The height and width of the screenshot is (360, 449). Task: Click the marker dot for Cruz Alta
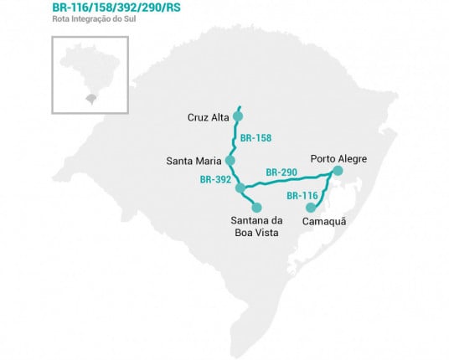(238, 117)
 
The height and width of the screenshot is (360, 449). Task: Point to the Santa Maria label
(195, 159)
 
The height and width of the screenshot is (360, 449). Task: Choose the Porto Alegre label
(338, 157)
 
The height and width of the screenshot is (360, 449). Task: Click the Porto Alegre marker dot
(337, 172)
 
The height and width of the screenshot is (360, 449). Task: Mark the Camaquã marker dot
(311, 208)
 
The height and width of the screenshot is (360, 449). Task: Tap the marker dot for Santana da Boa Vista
(256, 207)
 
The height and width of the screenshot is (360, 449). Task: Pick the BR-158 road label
(255, 136)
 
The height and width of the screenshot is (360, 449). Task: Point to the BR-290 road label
(281, 172)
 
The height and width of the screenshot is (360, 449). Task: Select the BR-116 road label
(302, 195)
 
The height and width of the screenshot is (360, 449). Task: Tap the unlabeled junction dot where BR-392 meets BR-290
(240, 187)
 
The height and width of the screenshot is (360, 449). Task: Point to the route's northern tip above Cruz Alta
(240, 106)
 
